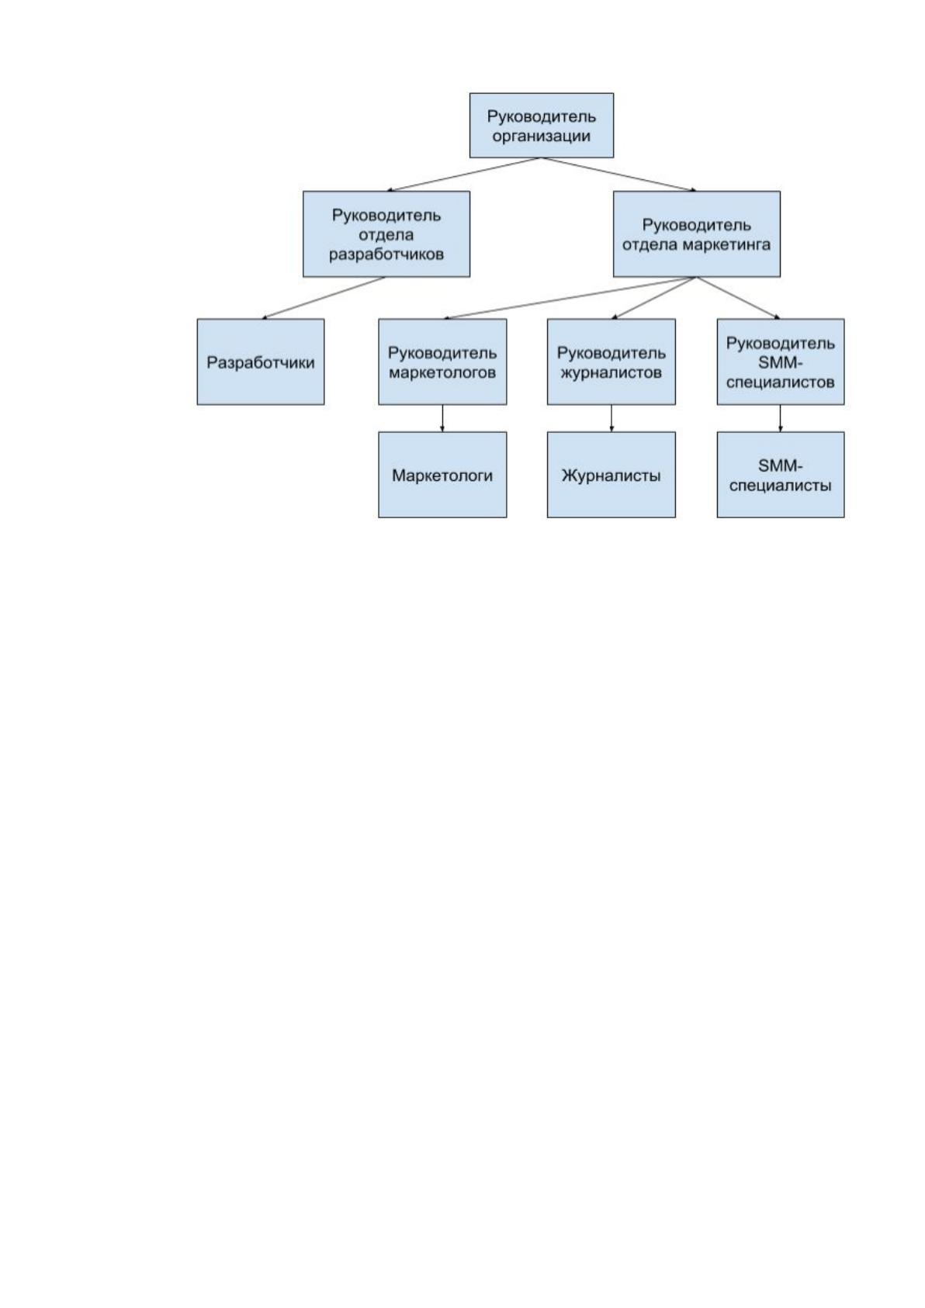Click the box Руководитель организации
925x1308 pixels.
(x=542, y=125)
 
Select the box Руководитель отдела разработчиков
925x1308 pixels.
(x=386, y=234)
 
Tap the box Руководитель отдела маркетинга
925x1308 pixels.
(x=697, y=234)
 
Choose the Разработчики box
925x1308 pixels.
(x=261, y=362)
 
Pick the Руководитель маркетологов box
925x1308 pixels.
(x=442, y=362)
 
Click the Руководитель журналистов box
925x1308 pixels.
(x=611, y=362)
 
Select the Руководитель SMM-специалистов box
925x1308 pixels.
(x=781, y=362)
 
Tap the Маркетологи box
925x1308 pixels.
(x=442, y=475)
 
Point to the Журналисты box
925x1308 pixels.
(x=611, y=475)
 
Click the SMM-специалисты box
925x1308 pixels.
(x=781, y=475)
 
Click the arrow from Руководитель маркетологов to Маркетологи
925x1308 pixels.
(x=442, y=419)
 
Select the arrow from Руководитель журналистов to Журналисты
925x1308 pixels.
(x=611, y=419)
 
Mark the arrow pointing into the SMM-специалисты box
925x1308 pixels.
(x=780, y=419)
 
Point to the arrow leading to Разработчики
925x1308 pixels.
(x=324, y=298)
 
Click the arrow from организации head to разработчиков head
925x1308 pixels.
(x=464, y=175)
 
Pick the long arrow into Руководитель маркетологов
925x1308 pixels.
(x=570, y=298)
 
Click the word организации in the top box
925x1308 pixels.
(x=542, y=137)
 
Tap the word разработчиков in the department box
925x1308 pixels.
(x=386, y=254)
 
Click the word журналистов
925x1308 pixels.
(x=611, y=372)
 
